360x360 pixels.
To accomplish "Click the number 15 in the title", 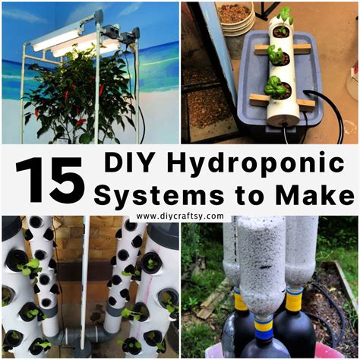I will (x=49, y=179).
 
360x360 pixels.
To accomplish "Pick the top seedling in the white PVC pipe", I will (x=284, y=17).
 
